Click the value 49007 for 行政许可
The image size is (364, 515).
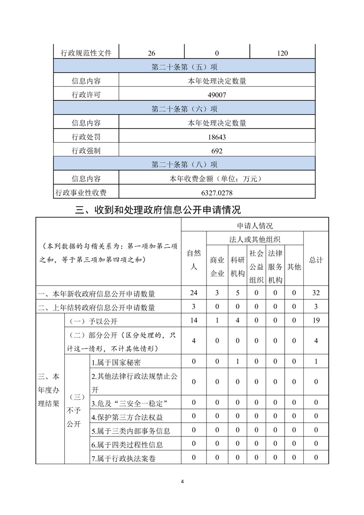tap(217, 95)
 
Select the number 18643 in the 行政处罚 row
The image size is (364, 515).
tap(217, 137)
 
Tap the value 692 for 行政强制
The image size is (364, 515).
tap(217, 151)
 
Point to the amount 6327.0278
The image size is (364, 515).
tap(217, 192)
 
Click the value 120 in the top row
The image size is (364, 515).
tap(282, 53)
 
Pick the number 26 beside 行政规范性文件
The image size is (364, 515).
tap(151, 53)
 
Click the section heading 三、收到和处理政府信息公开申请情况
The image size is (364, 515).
tap(158, 210)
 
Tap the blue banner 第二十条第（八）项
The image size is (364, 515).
tap(185, 164)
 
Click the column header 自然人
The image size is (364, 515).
tap(194, 259)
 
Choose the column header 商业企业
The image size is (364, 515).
tap(217, 266)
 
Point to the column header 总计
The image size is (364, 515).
tap(316, 259)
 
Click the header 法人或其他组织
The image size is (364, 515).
tap(255, 239)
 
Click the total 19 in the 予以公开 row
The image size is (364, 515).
tap(316, 321)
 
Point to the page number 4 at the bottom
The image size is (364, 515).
tap(182, 481)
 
